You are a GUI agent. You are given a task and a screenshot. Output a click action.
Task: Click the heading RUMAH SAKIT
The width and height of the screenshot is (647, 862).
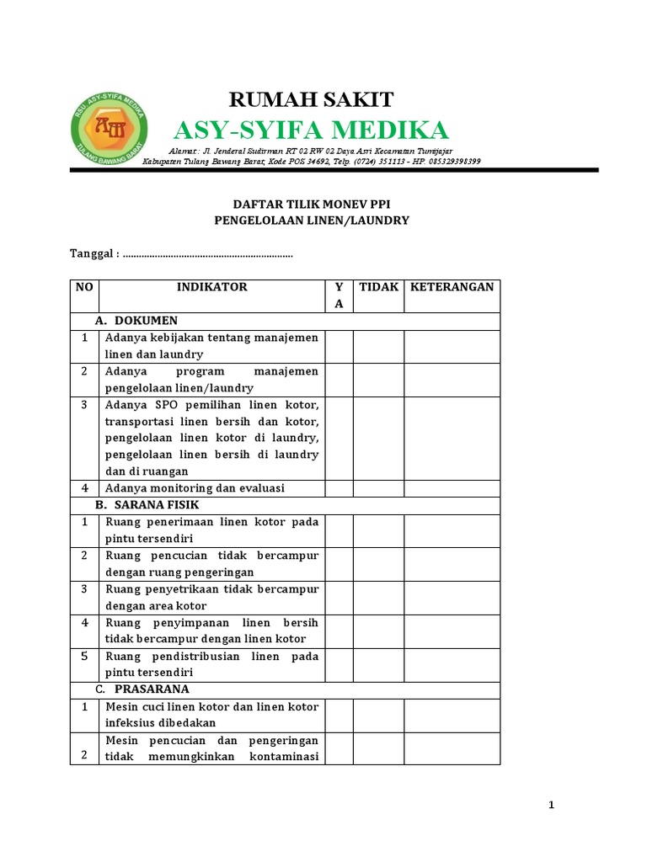(x=311, y=100)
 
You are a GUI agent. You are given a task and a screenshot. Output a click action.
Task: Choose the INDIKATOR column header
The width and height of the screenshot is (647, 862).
(x=211, y=287)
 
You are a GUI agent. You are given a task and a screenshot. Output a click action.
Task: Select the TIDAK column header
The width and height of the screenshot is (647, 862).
(x=378, y=287)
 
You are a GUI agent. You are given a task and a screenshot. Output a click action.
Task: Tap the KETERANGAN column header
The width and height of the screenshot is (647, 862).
(x=452, y=287)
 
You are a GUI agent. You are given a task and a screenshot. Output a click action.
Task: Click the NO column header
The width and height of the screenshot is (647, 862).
(x=84, y=287)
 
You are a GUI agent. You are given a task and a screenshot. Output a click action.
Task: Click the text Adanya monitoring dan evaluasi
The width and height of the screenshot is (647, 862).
(x=195, y=488)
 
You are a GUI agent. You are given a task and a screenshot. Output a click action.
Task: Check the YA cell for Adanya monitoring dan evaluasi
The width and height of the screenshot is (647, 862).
(x=339, y=488)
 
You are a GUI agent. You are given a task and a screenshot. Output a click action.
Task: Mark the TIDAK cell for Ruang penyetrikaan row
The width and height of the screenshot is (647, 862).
(x=378, y=598)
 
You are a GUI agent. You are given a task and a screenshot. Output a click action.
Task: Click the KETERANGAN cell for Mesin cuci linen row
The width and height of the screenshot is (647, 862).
(x=452, y=715)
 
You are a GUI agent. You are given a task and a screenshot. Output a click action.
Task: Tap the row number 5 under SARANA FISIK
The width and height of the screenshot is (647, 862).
(x=84, y=657)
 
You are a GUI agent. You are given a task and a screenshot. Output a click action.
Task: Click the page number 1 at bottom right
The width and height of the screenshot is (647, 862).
(x=551, y=806)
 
